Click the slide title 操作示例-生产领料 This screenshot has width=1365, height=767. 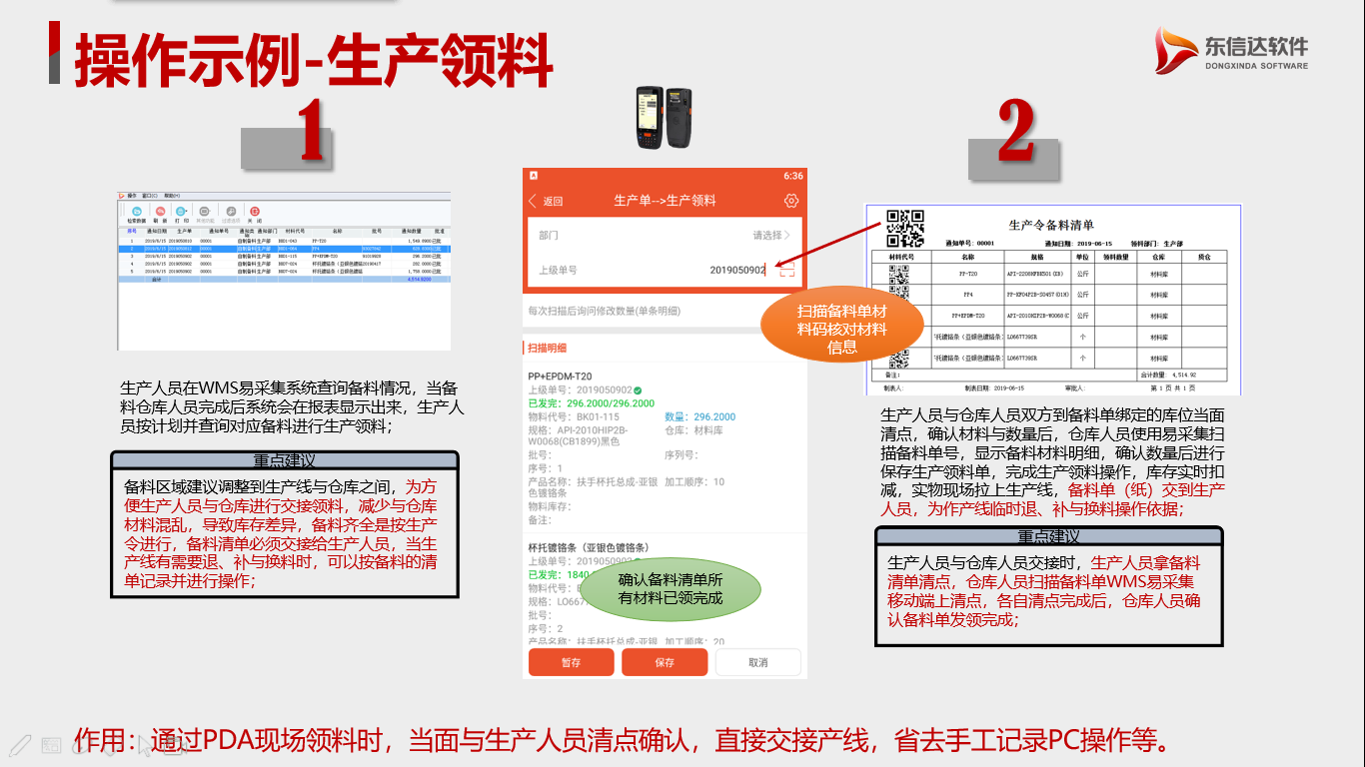coord(314,60)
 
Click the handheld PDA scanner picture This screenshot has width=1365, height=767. coord(665,112)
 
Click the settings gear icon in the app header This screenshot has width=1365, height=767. coord(791,201)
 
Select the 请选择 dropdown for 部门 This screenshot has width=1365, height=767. coord(770,236)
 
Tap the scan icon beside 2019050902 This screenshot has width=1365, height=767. coord(787,270)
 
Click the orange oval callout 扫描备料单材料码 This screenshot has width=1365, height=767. coord(841,329)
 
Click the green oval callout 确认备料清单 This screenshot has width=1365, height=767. coord(671,588)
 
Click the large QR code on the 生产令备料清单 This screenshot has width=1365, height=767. coord(905,229)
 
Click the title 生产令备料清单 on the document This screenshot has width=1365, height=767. coord(1051,226)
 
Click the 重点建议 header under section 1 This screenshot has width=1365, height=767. coord(284,460)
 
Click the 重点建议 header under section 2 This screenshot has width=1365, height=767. coord(1048,536)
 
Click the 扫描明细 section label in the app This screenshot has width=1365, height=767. coord(547,348)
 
